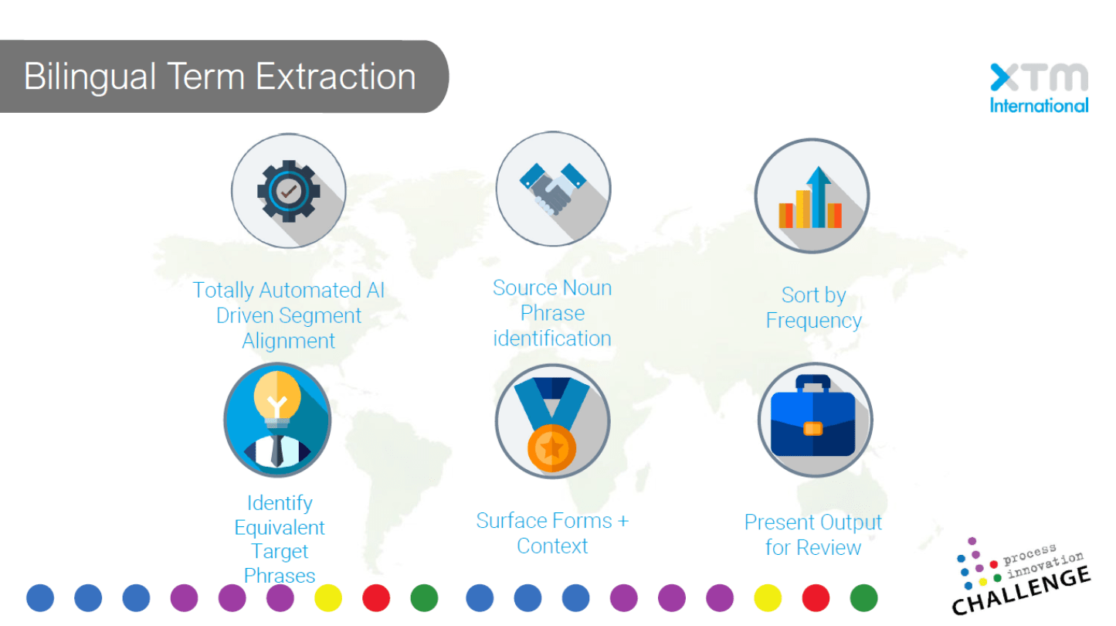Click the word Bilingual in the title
90,77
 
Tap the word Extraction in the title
336,77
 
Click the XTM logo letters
1039,77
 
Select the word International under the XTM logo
1039,106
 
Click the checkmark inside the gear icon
288,191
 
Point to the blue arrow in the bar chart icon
819,196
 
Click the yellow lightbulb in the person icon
277,399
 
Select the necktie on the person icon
277,451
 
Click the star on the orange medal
552,447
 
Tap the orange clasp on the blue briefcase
812,429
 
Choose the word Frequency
813,321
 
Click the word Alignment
289,342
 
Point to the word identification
552,339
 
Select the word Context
552,546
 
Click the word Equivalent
280,527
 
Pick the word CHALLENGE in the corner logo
1021,592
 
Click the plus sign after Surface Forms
622,522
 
